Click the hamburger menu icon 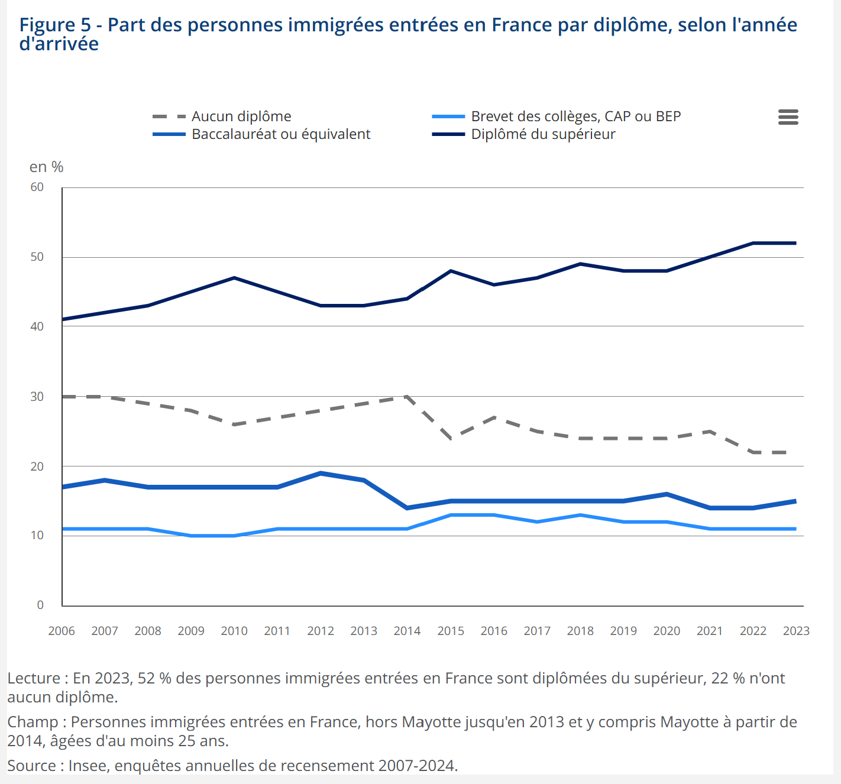[788, 117]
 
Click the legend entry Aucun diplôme [241, 116]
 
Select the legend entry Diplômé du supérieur [543, 134]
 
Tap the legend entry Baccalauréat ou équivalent [280, 134]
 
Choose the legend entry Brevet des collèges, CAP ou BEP [575, 116]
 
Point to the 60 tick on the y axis [37, 187]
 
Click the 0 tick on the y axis [40, 605]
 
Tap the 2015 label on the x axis [451, 631]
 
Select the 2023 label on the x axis [796, 631]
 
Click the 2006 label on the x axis [62, 631]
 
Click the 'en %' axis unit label [46, 167]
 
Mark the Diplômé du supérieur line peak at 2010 [234, 278]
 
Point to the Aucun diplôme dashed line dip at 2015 [451, 438]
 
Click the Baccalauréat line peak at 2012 [321, 473]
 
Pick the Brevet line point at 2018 [580, 515]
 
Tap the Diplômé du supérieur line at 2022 [753, 243]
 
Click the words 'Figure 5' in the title [55, 25]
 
